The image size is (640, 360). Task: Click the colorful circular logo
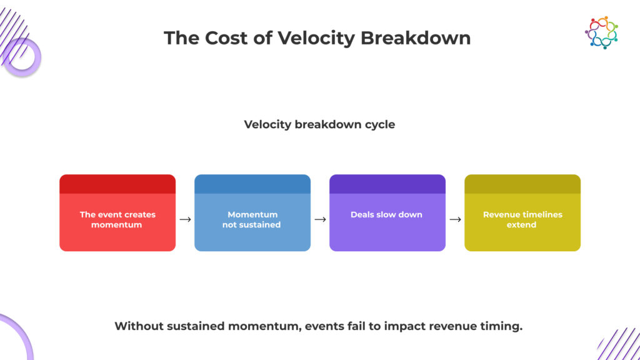pyautogui.click(x=601, y=32)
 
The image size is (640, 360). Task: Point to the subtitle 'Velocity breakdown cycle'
pyautogui.click(x=319, y=124)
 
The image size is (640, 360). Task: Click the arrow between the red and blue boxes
pyautogui.click(x=185, y=219)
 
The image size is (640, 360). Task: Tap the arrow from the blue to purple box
pyautogui.click(x=320, y=219)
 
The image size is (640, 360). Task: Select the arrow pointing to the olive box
pyautogui.click(x=455, y=219)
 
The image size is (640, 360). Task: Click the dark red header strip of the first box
pyautogui.click(x=117, y=184)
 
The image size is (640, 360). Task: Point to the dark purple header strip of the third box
pyautogui.click(x=387, y=184)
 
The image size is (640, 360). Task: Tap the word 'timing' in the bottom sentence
pyautogui.click(x=499, y=326)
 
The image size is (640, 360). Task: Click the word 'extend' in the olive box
pyautogui.click(x=522, y=225)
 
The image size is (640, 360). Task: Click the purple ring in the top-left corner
pyautogui.click(x=22, y=58)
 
